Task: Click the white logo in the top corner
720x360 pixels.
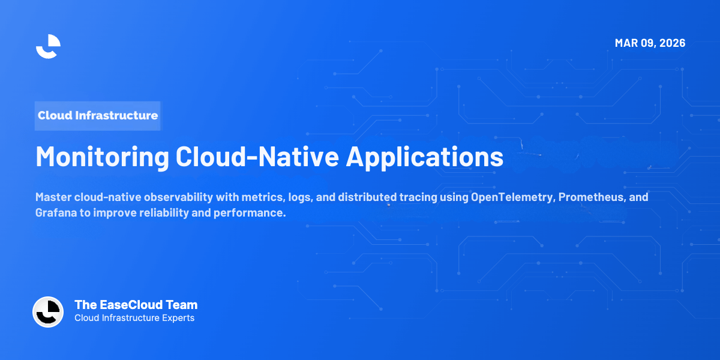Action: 48,46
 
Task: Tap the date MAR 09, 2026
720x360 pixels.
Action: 650,43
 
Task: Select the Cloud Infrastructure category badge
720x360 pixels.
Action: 98,116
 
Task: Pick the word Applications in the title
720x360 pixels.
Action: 425,157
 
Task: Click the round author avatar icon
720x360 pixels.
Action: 48,312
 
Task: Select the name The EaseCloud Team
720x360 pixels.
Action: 136,305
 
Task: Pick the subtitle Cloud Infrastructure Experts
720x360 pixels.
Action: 134,318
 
